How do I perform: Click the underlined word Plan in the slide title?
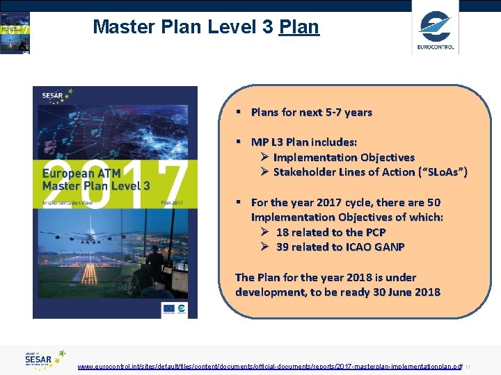coord(299,27)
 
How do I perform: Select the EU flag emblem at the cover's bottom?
coord(168,308)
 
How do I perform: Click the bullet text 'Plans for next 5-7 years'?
coord(311,112)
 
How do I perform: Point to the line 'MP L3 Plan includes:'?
coord(304,142)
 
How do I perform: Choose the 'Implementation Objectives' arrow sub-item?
coord(343,158)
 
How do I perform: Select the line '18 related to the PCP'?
coord(331,233)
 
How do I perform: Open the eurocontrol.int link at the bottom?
coord(269,366)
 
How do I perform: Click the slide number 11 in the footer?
coord(468,366)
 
